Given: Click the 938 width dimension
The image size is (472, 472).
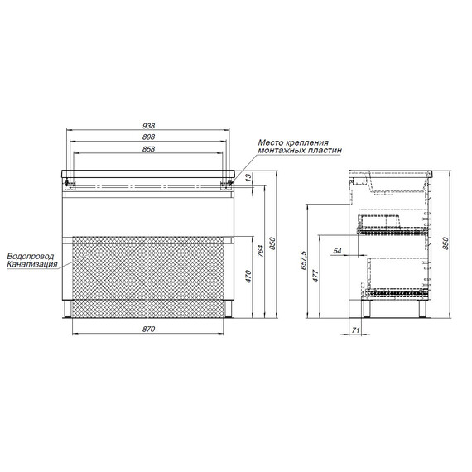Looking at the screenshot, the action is pos(149,125).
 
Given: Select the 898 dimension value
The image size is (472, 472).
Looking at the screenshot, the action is pos(149,137).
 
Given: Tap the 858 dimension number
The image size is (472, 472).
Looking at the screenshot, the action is pos(149,149).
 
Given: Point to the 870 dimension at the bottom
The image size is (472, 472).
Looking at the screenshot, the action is pos(149,329).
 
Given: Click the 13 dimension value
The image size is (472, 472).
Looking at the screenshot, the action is pos(248,177).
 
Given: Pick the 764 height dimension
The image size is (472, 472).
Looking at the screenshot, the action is pos(261,251).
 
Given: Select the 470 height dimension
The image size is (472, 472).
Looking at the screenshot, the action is pos(248,277).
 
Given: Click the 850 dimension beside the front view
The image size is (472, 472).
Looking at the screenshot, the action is pos(272,243).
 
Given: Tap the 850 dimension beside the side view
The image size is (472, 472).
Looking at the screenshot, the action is pos(446,243).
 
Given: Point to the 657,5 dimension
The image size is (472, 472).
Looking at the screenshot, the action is pos(303,260).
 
